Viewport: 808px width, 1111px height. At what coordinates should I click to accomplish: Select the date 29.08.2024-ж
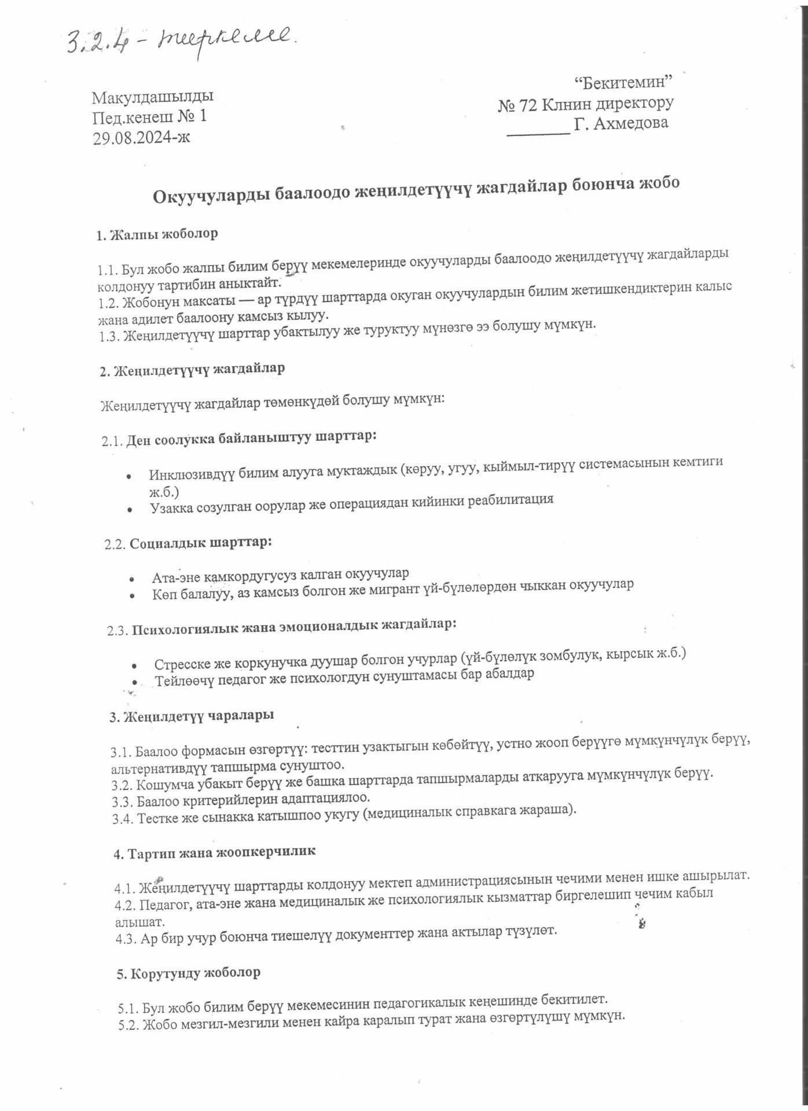[141, 137]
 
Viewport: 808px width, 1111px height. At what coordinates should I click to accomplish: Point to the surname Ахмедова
[631, 123]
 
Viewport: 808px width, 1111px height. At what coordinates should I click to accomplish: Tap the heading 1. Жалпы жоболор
[157, 234]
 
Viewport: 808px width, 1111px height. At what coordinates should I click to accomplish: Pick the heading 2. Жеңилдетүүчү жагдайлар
[192, 370]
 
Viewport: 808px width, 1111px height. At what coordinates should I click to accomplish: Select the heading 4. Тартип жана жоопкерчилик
[214, 852]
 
